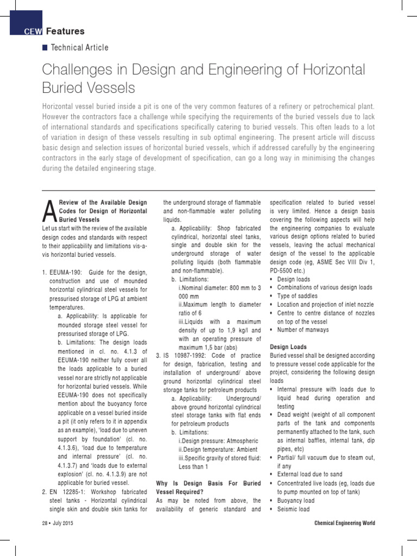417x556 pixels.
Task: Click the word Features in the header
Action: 65,31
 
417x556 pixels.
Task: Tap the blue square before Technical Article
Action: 45,48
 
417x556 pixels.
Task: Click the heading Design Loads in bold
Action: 288,346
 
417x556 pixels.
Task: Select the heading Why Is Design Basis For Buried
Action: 208,483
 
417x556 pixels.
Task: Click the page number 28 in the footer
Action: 45,523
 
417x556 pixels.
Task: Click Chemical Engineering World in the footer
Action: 344,523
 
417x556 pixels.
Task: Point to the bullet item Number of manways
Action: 302,330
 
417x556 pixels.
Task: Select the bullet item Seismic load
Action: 293,509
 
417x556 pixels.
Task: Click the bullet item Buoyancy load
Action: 295,501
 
